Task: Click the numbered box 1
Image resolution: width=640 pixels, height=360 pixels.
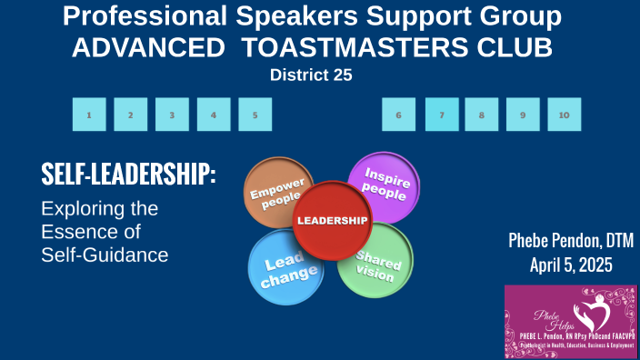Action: click(89, 115)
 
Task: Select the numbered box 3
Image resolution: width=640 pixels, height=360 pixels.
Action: click(172, 115)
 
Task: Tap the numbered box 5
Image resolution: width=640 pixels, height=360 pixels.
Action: click(255, 115)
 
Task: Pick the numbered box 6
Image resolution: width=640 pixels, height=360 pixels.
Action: click(399, 115)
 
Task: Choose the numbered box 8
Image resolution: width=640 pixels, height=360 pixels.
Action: click(481, 115)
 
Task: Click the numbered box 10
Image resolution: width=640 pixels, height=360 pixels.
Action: click(564, 115)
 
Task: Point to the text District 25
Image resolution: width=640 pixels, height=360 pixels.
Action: click(311, 75)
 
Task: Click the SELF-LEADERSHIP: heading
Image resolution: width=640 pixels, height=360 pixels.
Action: click(128, 175)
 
